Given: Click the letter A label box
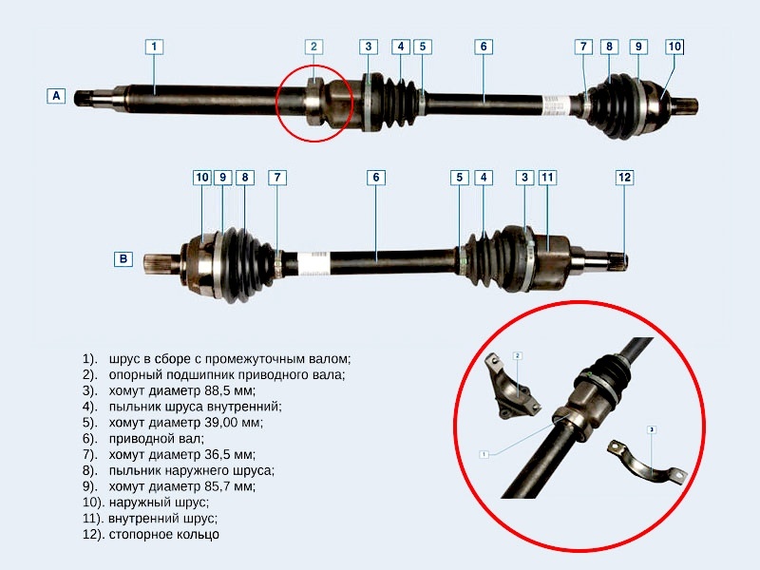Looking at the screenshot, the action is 56,96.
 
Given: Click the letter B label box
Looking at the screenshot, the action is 123,258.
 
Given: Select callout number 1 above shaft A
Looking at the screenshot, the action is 154,47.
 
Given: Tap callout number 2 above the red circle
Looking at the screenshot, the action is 313,47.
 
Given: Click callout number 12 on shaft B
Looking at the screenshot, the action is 625,178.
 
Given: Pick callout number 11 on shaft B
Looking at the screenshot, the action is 547,178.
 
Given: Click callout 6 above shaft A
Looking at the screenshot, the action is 484,47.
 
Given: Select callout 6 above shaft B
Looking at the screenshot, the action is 376,178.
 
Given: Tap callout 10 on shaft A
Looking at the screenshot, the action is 674,47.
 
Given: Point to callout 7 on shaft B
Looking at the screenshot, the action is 277,178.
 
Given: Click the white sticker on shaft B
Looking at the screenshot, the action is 313,263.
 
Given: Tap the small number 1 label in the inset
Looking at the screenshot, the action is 484,454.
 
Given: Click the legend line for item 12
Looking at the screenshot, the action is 151,534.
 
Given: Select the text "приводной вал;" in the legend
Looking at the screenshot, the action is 156,439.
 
